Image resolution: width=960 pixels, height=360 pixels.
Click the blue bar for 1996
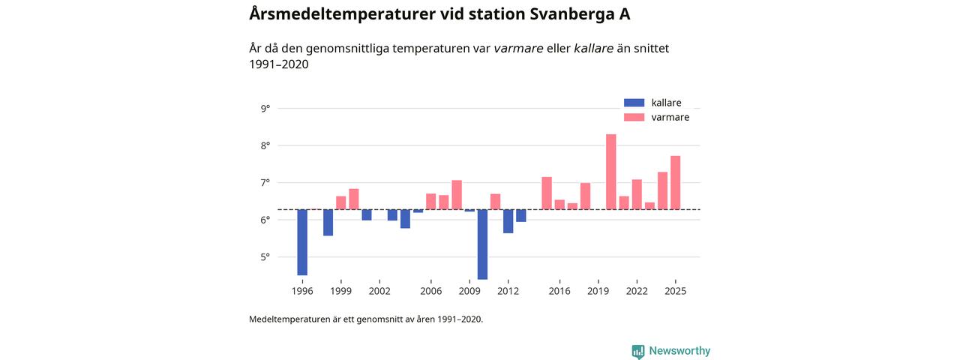coord(302,242)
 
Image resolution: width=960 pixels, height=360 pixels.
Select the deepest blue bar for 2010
coord(482,244)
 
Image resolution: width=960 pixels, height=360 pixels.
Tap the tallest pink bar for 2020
coord(611,172)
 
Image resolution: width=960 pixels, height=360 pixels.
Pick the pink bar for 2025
coord(675,183)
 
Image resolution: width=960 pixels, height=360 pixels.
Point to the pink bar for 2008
coord(457,195)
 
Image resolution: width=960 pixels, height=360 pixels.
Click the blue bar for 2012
coord(508,221)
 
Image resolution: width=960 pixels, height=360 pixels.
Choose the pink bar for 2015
coord(547,193)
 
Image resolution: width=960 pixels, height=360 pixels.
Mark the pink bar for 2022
coord(637,194)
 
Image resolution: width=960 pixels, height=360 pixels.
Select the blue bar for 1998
coord(328,223)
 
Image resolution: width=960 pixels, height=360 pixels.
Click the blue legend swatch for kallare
coord(634,103)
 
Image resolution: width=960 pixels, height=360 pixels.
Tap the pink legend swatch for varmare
coord(634,117)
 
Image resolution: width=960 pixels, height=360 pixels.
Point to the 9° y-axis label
coord(265,109)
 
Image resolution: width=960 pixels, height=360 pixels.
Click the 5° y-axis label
coord(265,257)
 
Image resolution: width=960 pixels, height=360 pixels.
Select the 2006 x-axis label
coord(430,291)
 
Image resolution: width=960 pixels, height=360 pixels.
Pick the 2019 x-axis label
coord(598,291)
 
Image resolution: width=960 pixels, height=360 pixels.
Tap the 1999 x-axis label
coord(340,291)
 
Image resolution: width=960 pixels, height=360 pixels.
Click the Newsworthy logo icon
coord(638,351)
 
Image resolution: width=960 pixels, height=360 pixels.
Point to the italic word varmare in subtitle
coord(518,49)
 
